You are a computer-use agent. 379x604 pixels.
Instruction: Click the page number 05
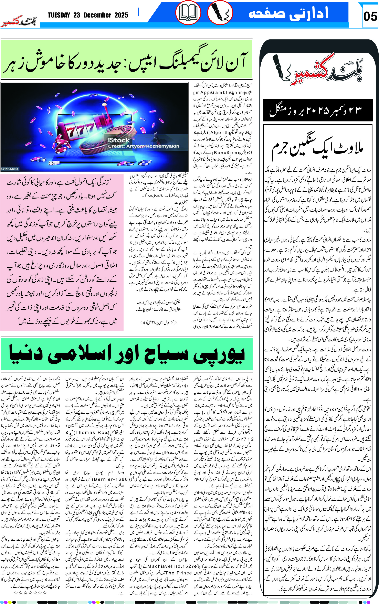[370, 17]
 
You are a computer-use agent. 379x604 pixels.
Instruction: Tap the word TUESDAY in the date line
[59, 15]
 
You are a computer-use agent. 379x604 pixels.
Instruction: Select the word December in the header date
[97, 15]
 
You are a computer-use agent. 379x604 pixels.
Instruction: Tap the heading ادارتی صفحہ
[288, 13]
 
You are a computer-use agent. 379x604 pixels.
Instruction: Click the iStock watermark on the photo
[119, 140]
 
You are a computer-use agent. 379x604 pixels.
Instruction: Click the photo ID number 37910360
[9, 169]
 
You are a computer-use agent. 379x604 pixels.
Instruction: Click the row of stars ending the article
[30, 593]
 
